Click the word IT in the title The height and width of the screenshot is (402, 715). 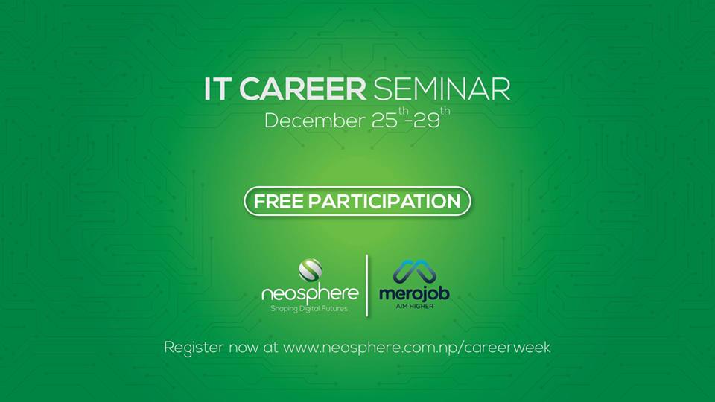(215, 89)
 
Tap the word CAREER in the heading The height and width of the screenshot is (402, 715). (303, 89)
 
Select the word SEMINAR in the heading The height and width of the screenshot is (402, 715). (442, 89)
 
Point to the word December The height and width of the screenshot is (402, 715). (314, 121)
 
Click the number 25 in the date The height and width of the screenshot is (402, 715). (384, 121)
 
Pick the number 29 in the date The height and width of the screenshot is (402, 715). (427, 121)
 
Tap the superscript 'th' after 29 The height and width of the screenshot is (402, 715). (445, 111)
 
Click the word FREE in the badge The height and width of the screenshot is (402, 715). (279, 202)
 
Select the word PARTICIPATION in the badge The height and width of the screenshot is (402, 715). (384, 202)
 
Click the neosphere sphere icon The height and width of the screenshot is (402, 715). (310, 269)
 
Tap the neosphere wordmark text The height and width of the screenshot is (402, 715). (310, 294)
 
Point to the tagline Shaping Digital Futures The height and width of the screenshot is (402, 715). (308, 309)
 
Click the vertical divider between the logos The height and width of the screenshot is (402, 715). (367, 285)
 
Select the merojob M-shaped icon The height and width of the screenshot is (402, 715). (415, 272)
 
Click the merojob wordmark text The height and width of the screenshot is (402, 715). (415, 293)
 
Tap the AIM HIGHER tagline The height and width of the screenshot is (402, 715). (415, 306)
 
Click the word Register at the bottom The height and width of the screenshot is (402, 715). (194, 348)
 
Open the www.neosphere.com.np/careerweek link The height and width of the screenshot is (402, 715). (417, 348)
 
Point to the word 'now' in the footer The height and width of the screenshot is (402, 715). (244, 348)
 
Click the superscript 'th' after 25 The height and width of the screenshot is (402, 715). (403, 111)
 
